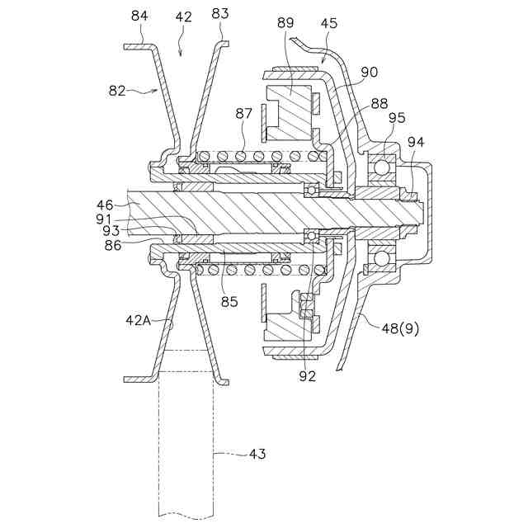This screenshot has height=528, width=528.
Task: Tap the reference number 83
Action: pos(220,13)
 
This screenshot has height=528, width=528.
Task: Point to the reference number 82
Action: pos(117,91)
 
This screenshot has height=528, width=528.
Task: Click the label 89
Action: pos(285,22)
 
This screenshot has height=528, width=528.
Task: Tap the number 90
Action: pos(369,73)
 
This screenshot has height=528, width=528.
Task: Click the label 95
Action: pos(397,117)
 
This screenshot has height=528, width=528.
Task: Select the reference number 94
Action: pos(416,142)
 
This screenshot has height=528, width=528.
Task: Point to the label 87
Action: pos(244,113)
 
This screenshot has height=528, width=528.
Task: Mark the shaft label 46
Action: pos(105,205)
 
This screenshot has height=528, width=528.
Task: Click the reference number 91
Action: pos(105,219)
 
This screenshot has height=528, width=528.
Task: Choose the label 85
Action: pos(229,302)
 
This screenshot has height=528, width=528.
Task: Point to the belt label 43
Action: pos(257,454)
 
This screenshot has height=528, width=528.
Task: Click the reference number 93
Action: pos(111,231)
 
